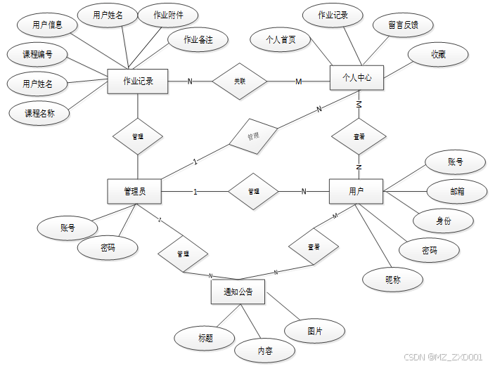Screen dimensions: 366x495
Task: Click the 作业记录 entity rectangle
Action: (x=137, y=81)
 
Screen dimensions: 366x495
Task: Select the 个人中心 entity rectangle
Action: (x=356, y=77)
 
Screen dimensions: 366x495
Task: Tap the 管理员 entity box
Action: (x=134, y=191)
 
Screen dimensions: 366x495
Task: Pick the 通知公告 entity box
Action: (x=238, y=292)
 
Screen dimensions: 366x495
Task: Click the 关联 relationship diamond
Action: (x=240, y=81)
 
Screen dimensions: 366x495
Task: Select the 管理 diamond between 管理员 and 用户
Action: (x=253, y=191)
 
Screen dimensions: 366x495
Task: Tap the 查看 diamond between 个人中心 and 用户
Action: (x=359, y=136)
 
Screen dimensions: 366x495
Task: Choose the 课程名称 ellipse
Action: (x=39, y=112)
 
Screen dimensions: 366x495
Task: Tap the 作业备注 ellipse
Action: (x=198, y=39)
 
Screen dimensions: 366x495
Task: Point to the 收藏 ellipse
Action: (x=438, y=54)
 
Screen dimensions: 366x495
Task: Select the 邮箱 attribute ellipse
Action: (x=456, y=191)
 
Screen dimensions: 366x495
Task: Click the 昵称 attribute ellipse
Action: (x=393, y=280)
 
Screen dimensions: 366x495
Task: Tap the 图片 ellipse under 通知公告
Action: (x=315, y=330)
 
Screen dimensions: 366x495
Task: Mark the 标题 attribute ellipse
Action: (x=205, y=338)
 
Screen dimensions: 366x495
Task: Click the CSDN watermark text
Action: (x=444, y=357)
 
